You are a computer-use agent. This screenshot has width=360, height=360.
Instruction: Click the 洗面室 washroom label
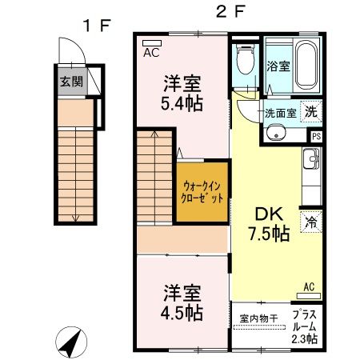[280, 114]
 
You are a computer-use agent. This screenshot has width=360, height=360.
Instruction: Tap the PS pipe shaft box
[316, 136]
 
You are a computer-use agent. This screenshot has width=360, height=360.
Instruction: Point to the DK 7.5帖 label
[266, 224]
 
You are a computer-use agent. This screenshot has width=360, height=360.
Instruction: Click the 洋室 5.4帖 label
[182, 94]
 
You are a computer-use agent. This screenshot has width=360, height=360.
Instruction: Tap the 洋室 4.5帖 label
[182, 302]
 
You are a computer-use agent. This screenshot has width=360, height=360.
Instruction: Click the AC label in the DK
[309, 286]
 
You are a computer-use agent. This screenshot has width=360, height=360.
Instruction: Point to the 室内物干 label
[258, 318]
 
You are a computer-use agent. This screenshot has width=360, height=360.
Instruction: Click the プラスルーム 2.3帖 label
[304, 326]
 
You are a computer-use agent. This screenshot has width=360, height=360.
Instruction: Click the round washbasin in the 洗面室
[276, 133]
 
